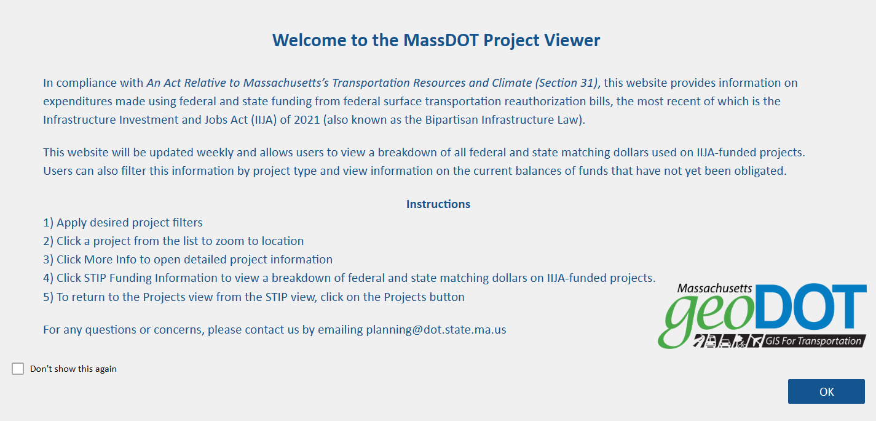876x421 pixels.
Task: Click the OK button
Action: [826, 391]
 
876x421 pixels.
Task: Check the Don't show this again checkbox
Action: [18, 369]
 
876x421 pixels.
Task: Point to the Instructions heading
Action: [438, 204]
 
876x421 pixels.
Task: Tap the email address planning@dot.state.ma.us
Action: [436, 329]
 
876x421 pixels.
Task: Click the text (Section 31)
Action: [566, 82]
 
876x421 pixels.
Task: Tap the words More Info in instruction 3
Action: [110, 259]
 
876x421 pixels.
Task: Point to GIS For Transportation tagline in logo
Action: [813, 341]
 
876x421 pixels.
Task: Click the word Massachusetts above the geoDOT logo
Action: [714, 288]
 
